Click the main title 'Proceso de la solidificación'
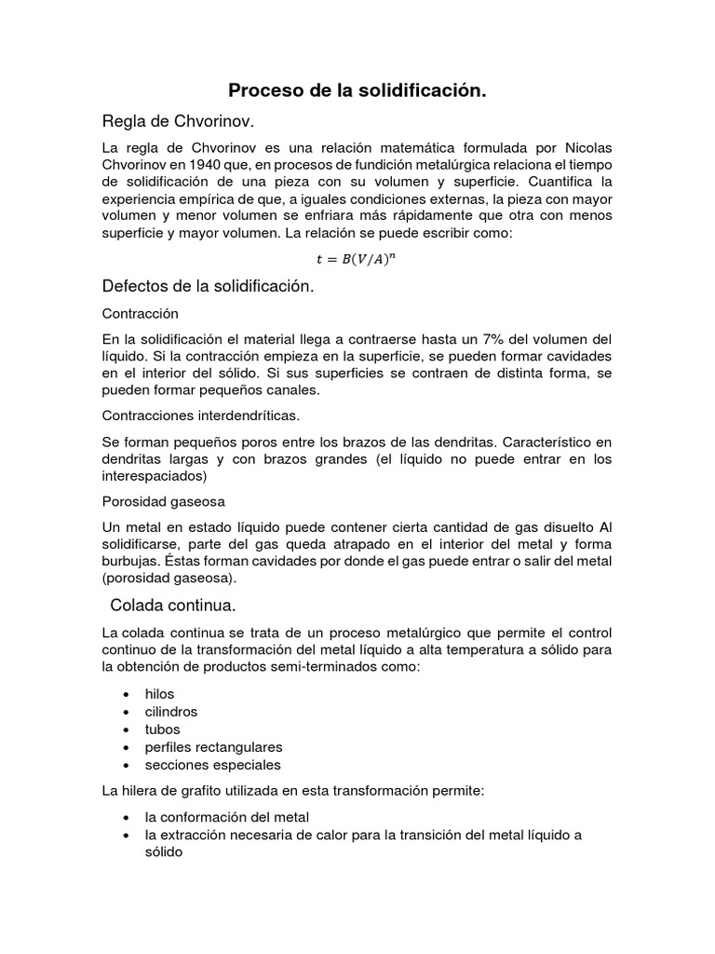357,91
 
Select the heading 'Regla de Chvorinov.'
177,122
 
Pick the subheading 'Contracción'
140,314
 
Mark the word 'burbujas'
131,561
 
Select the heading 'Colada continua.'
172,605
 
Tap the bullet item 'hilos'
159,694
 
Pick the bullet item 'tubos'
162,729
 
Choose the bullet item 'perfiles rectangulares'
213,747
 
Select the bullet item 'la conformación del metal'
226,817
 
